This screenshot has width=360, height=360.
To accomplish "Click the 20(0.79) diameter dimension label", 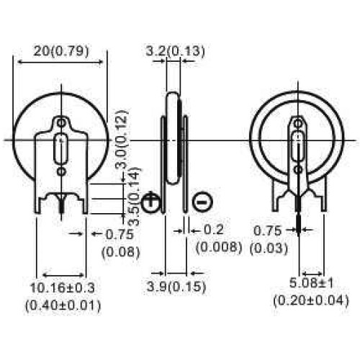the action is (x=61, y=51).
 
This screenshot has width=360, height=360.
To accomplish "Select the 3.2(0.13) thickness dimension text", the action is (x=176, y=51).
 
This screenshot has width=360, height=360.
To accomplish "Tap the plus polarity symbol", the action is (x=150, y=202).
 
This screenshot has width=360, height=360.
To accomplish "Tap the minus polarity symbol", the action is (x=202, y=202).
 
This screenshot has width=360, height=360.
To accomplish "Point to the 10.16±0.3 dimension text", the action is (x=63, y=288).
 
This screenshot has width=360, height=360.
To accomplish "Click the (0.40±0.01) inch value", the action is (x=63, y=306).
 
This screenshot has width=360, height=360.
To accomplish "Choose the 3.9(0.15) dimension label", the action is (x=176, y=287).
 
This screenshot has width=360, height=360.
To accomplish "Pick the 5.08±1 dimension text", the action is (x=311, y=283).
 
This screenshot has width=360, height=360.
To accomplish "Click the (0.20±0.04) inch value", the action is (x=311, y=300).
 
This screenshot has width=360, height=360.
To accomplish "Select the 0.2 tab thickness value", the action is (x=214, y=230).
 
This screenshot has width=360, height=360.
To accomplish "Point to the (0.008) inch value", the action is (x=219, y=247).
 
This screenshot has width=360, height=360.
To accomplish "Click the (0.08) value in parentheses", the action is (x=121, y=252).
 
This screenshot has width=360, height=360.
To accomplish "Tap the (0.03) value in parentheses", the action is (x=269, y=248).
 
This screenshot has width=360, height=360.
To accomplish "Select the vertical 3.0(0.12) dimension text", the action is (x=122, y=140).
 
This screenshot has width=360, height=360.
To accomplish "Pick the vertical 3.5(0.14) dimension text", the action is (x=134, y=197).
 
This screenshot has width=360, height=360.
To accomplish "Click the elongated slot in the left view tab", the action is (x=61, y=149).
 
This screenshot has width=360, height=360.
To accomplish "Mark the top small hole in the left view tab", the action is (x=62, y=122).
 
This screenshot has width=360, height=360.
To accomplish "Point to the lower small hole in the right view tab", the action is (x=298, y=169).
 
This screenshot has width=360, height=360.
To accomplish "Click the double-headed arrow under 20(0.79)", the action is (x=60, y=63).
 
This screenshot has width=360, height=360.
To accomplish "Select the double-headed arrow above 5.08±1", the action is (x=312, y=274).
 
